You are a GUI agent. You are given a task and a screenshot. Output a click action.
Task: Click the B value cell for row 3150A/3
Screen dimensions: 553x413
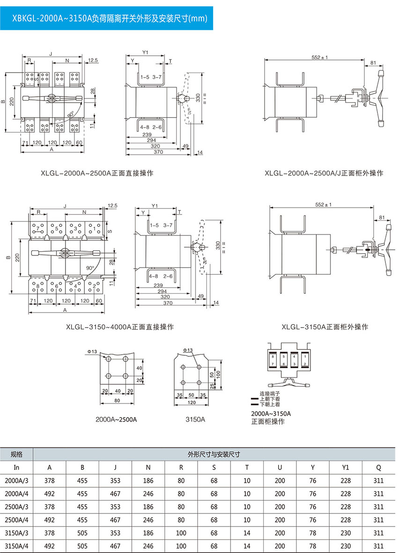[x=82, y=533]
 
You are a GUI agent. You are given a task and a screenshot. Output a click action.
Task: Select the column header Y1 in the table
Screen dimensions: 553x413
[x=346, y=467]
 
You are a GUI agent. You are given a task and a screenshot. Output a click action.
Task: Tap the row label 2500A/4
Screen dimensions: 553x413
[x=17, y=520]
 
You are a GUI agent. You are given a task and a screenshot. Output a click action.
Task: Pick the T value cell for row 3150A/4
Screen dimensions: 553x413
[x=247, y=546]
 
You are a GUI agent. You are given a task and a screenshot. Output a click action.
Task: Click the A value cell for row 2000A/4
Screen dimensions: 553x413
[x=49, y=493]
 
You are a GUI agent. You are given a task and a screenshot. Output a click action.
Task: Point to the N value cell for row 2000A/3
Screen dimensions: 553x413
[x=148, y=480]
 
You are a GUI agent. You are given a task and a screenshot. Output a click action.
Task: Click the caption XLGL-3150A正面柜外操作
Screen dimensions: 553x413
[x=325, y=327]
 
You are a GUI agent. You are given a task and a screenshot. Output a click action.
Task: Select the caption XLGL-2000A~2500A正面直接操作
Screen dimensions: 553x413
[x=97, y=173]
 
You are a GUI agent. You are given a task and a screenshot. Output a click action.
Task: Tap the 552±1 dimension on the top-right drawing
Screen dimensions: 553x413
[x=320, y=57]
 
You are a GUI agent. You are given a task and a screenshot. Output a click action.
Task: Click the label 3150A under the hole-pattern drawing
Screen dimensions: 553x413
[x=196, y=419]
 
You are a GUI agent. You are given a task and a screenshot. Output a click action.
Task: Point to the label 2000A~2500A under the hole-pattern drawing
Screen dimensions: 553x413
[x=116, y=419]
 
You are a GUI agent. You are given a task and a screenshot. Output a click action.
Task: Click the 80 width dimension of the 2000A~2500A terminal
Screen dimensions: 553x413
[x=117, y=401]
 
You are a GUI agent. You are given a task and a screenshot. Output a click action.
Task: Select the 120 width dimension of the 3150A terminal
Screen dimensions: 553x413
[x=192, y=403]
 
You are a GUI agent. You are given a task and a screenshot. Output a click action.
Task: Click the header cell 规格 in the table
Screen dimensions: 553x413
[x=17, y=454]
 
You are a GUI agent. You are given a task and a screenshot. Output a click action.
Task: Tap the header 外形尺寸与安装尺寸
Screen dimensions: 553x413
[x=214, y=454]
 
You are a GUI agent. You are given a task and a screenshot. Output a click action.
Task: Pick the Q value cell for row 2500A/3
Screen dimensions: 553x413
[x=378, y=507]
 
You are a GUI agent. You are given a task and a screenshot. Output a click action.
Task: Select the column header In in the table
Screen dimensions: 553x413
[x=17, y=467]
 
